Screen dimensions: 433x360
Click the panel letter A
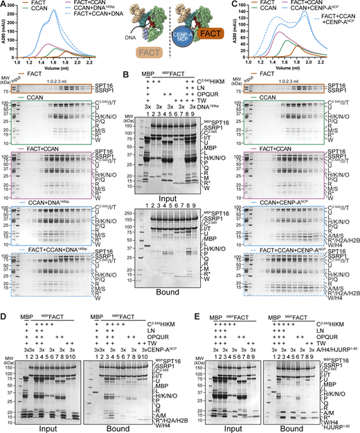(3, 4)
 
